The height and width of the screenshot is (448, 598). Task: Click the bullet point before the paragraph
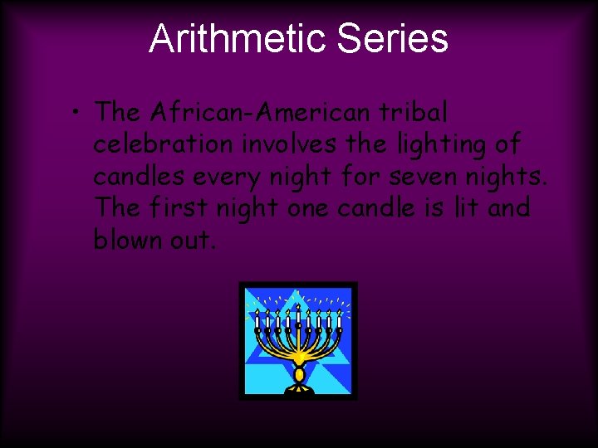coord(76,112)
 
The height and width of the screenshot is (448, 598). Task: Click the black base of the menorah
coord(297,388)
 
